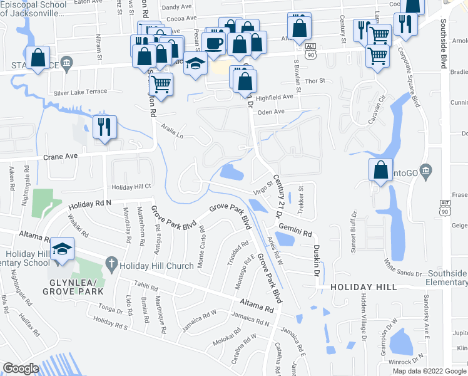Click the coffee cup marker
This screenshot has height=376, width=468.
[x=215, y=43]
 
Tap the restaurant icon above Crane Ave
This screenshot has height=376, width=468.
[x=104, y=127]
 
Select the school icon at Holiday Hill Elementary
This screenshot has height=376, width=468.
[x=63, y=249]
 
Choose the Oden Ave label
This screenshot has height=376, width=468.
[x=272, y=112]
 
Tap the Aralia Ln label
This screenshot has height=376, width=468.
[x=171, y=133]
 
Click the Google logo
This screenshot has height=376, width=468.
[x=21, y=368]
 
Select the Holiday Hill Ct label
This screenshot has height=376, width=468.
[x=131, y=187]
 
